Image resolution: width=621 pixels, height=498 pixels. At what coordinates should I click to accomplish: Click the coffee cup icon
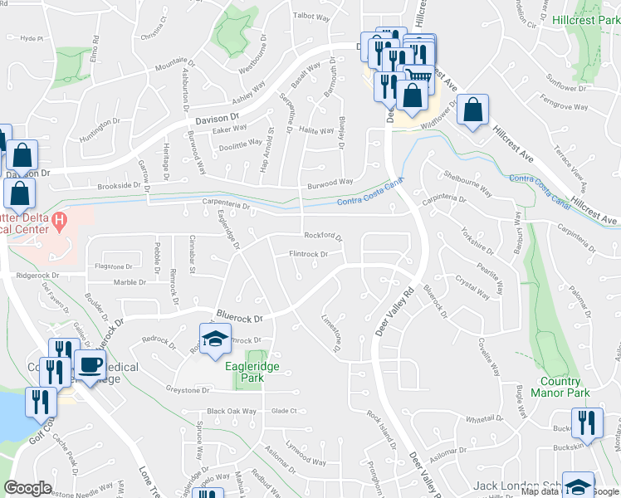click(90, 364)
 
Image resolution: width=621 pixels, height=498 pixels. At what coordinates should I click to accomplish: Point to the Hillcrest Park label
click(583, 17)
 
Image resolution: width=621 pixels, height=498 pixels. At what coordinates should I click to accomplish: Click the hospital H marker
click(59, 222)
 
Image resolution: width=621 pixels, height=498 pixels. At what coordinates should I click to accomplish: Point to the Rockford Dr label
click(324, 235)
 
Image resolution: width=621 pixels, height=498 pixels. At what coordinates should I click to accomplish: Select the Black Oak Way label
click(232, 411)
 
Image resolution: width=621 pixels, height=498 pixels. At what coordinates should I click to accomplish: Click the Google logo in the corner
click(28, 488)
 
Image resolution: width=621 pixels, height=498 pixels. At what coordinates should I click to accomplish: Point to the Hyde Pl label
click(31, 38)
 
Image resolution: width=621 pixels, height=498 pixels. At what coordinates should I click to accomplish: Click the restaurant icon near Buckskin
click(586, 422)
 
